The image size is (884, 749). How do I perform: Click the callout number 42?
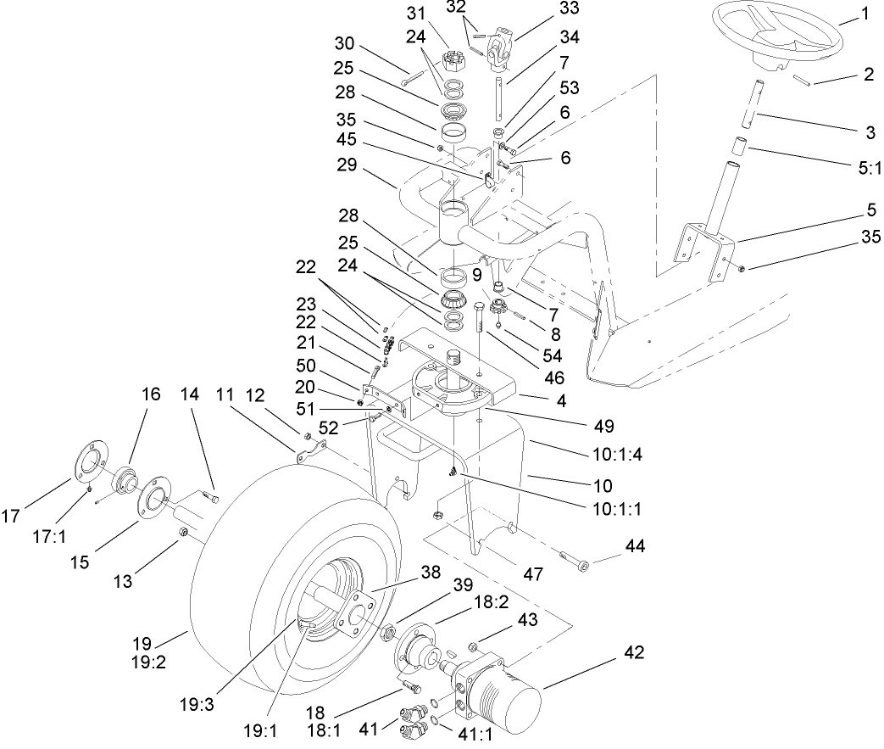pyautogui.click(x=634, y=652)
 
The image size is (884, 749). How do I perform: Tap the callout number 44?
pyautogui.click(x=635, y=546)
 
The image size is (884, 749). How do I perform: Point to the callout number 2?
pyautogui.click(x=868, y=75)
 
